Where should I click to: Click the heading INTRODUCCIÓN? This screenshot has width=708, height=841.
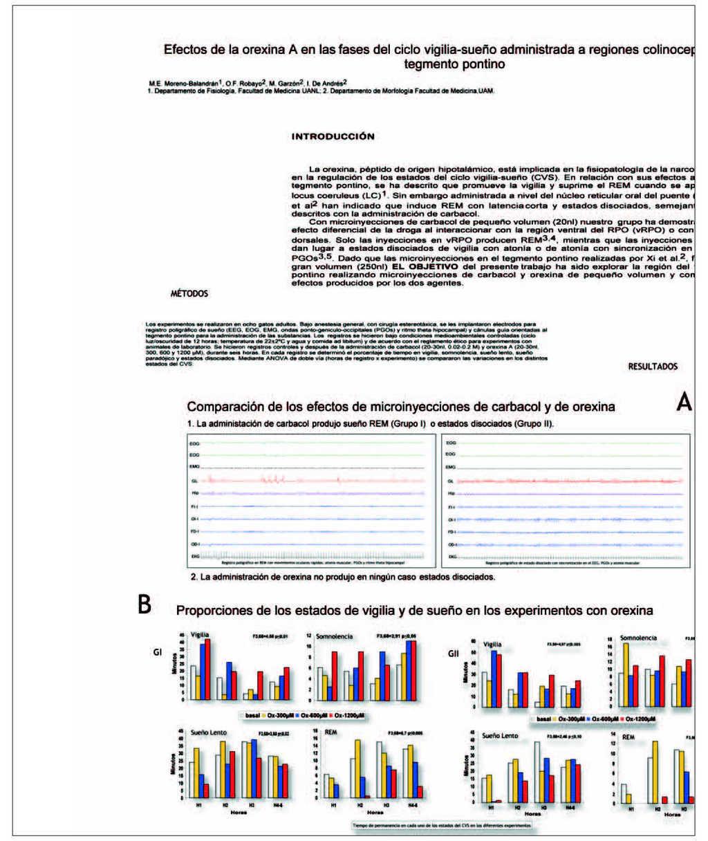[333, 137]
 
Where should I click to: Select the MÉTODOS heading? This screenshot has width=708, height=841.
[189, 294]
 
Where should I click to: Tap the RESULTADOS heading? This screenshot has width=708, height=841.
[653, 367]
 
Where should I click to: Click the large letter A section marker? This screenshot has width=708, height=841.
[683, 403]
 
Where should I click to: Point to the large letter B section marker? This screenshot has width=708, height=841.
[145, 605]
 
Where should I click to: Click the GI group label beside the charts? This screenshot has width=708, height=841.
[158, 651]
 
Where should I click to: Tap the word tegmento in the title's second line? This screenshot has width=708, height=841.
[429, 64]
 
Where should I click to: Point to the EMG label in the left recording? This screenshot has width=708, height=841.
[194, 467]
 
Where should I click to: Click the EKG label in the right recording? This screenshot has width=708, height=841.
[451, 557]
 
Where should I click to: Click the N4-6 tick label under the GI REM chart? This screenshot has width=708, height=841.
[412, 806]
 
